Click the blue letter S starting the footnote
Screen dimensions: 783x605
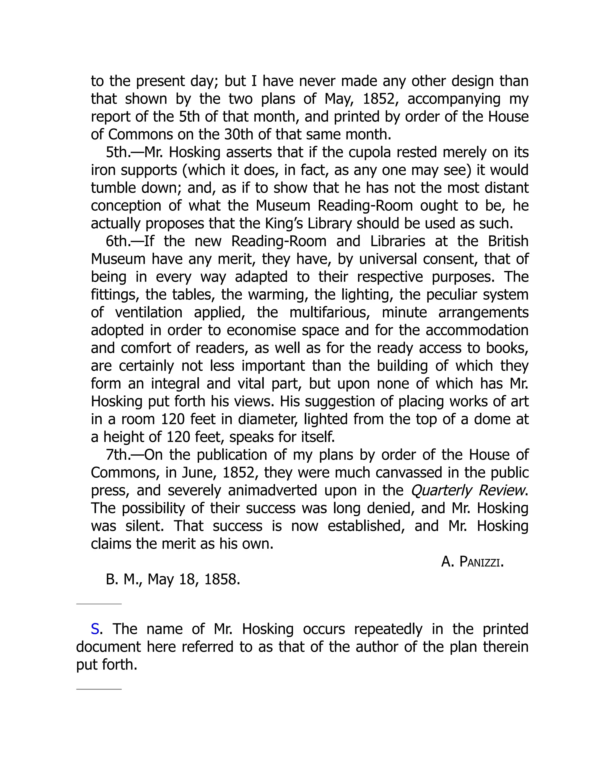click(x=95, y=629)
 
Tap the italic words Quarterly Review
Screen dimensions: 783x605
click(x=469, y=490)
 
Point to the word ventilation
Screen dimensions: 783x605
click(x=149, y=313)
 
